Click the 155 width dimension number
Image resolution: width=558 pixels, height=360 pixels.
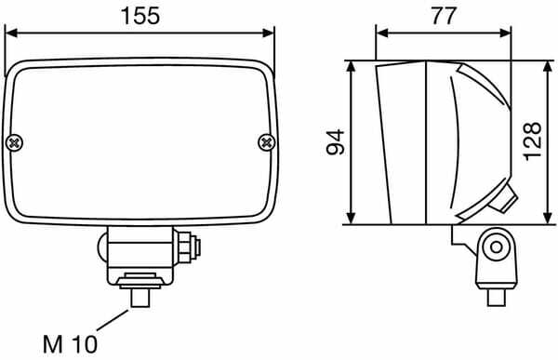(140, 16)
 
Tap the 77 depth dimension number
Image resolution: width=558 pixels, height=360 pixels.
(444, 16)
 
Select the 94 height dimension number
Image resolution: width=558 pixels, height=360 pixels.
(336, 142)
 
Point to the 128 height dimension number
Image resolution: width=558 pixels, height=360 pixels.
(533, 141)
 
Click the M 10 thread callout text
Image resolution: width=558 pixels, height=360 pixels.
(70, 344)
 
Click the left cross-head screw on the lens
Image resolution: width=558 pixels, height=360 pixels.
(15, 143)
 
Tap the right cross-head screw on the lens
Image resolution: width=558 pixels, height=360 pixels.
(267, 142)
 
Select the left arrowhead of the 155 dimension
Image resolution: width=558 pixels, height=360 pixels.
(11, 33)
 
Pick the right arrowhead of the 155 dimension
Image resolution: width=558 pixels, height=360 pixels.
(268, 33)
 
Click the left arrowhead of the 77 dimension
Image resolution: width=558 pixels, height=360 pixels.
(382, 33)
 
